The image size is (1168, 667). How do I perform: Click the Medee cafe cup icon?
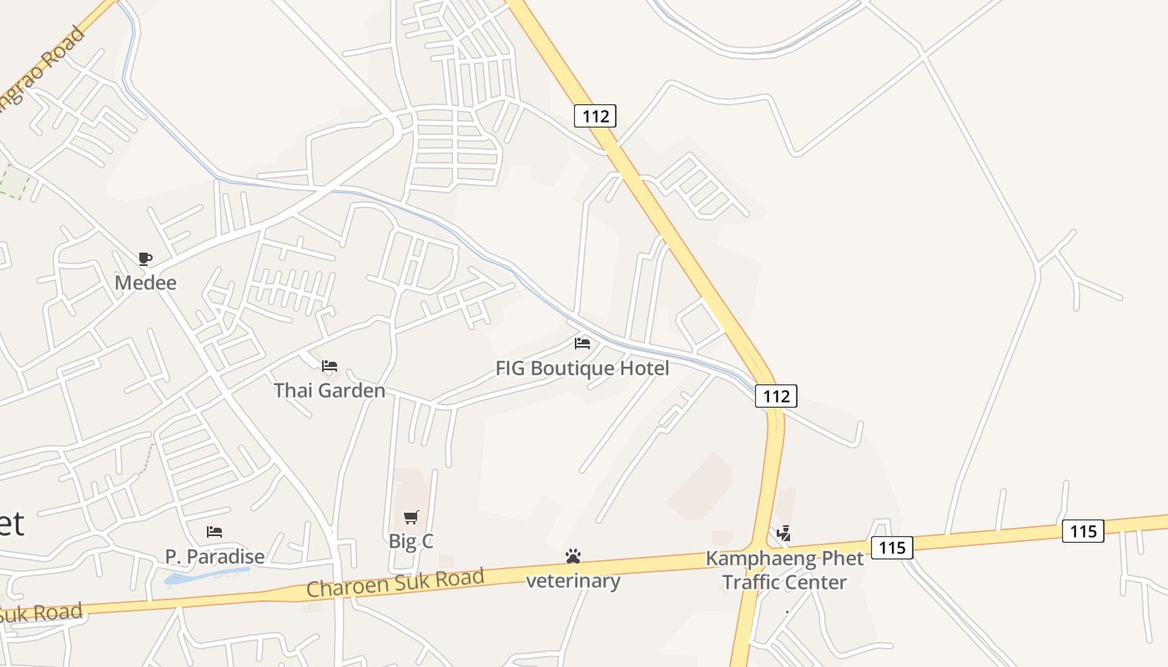coord(145,258)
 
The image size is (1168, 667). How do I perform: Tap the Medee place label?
coord(146,283)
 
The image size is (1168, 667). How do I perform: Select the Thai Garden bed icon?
coord(330,366)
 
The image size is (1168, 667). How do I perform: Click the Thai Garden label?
coord(330,390)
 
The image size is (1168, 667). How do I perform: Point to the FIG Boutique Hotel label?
coord(582,368)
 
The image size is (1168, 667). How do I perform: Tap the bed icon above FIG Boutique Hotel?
coord(582,344)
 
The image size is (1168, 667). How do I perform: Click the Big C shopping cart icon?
coord(411,518)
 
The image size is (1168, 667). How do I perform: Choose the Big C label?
coord(411,541)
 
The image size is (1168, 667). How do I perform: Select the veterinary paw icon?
coord(572,556)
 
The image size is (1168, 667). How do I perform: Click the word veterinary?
coord(572,581)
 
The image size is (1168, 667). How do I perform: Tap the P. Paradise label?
coord(214,556)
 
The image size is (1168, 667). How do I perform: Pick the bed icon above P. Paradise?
coord(214,532)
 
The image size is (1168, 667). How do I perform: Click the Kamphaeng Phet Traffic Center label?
coord(784,570)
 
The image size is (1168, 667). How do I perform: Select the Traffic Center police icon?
coord(783,534)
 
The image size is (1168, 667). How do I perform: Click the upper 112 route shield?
coord(596,116)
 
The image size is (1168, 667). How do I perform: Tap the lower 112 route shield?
coord(776,396)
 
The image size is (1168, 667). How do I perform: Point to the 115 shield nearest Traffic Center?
coord(892,548)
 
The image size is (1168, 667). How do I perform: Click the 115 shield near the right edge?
coord(1083,531)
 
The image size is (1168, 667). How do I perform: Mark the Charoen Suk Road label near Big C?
coord(395,582)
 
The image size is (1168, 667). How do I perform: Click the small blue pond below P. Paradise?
coord(205,575)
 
